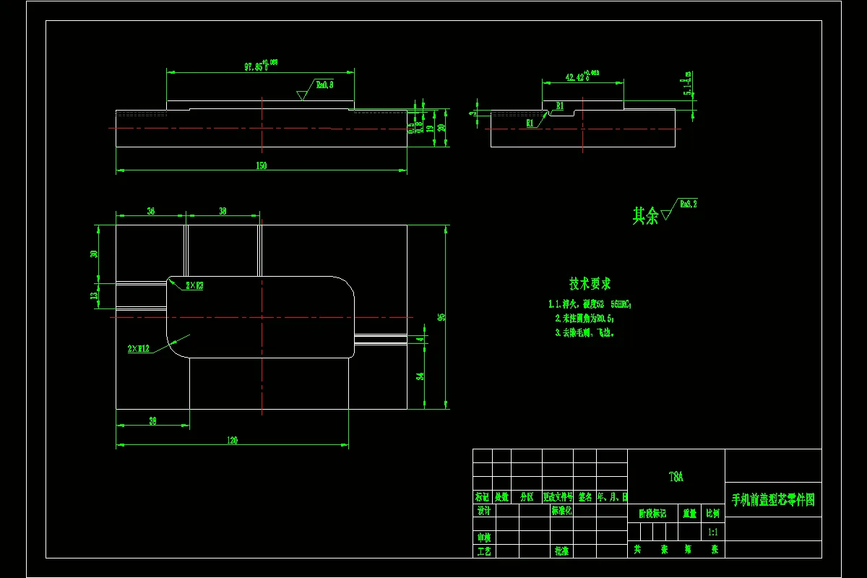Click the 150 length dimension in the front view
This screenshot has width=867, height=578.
click(x=262, y=165)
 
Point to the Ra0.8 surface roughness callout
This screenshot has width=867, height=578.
click(x=324, y=85)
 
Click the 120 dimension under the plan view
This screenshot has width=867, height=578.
click(x=233, y=440)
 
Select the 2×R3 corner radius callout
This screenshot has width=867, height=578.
click(x=194, y=285)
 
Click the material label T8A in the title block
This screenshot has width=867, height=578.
click(x=676, y=477)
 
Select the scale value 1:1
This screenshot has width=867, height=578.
click(x=712, y=532)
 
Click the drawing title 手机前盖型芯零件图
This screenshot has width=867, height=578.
click(x=773, y=500)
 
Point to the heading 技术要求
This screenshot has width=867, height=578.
click(x=590, y=284)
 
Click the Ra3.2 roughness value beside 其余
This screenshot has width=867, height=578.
click(x=688, y=204)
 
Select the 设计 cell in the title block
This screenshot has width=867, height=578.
click(x=484, y=511)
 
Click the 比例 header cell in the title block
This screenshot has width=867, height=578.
click(x=712, y=514)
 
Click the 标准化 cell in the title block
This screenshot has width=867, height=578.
click(x=562, y=511)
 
